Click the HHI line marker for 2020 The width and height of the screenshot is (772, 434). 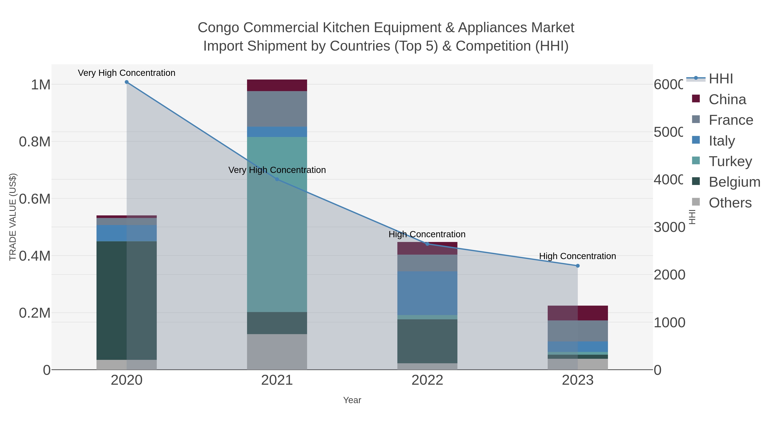click(x=127, y=82)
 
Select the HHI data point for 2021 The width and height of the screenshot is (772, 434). click(x=277, y=179)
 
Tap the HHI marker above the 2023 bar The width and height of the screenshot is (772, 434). click(x=578, y=266)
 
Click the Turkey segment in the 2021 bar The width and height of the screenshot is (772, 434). click(x=277, y=225)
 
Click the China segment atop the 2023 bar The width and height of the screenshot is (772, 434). click(x=578, y=313)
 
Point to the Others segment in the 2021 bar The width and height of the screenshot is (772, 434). click(x=277, y=352)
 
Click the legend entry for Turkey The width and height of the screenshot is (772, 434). click(x=730, y=161)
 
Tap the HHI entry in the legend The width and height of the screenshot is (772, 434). click(x=721, y=79)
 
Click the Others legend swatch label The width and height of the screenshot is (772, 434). click(x=730, y=203)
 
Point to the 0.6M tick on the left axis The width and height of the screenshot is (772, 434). click(x=35, y=199)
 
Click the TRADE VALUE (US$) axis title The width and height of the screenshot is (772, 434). click(x=13, y=217)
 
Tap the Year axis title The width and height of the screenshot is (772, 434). click(x=352, y=400)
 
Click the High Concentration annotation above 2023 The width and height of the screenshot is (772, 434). click(x=577, y=256)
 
